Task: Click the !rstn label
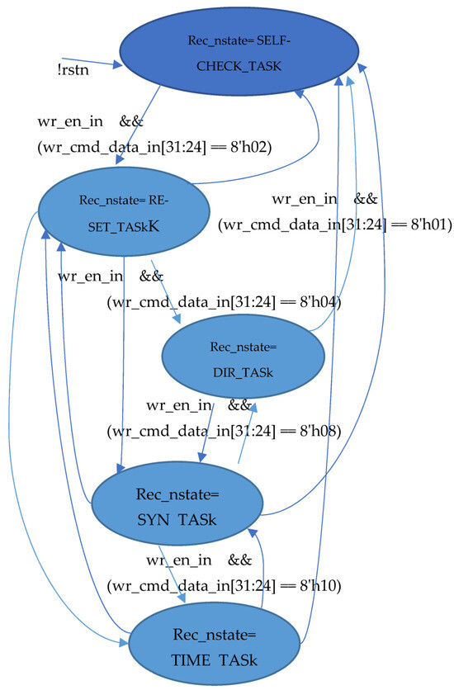pos(73,69)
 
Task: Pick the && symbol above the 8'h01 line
pos(366,198)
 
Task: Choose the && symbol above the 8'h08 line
pos(239,405)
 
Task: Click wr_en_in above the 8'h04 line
pos(90,276)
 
